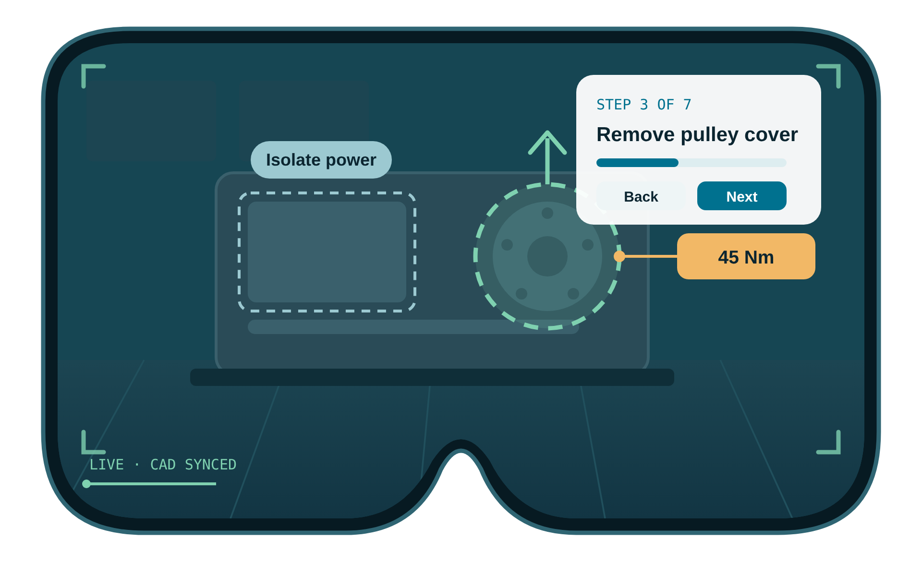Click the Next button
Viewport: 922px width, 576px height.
coord(741,196)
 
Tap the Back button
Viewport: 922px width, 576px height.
coord(641,196)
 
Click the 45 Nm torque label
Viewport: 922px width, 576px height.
coord(746,256)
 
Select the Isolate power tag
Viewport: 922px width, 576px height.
coord(321,160)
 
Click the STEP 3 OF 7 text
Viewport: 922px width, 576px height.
coord(643,105)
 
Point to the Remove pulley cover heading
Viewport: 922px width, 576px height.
coord(697,134)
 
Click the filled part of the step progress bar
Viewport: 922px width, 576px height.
coord(637,163)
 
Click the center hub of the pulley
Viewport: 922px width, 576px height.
coord(547,256)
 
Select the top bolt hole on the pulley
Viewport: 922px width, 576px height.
coord(547,213)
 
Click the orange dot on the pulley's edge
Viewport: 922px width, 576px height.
coord(619,256)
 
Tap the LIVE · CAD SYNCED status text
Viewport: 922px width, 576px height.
coord(163,465)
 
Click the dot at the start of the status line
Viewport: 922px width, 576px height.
coord(86,484)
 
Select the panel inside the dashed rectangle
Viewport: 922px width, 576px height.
coord(327,252)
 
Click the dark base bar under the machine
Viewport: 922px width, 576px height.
coord(432,377)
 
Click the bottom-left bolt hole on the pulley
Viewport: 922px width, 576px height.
coord(522,293)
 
